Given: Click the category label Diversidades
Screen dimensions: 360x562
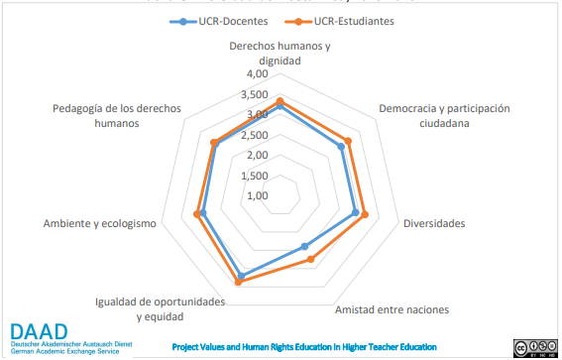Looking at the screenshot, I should [x=433, y=224].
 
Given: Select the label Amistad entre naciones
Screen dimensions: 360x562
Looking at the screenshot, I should [x=392, y=308].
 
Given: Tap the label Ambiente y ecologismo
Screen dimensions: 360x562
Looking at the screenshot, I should [x=99, y=224].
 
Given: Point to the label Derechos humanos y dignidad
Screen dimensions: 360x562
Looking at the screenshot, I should [x=280, y=54].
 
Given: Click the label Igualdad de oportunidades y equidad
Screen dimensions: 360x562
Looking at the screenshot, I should [x=159, y=308].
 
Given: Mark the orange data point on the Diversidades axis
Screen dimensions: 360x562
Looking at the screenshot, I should [x=365, y=215].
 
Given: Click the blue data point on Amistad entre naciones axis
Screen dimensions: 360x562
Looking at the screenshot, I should [x=304, y=246].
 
